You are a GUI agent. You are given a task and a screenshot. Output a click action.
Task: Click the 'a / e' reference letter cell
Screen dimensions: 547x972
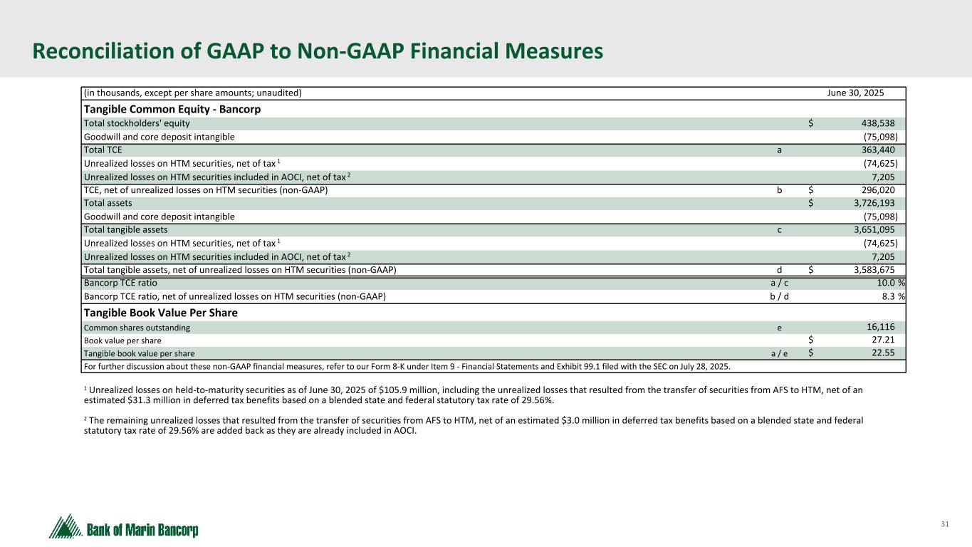[x=781, y=353]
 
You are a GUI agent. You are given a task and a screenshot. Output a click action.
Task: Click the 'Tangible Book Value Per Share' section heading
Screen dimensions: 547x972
[x=161, y=313]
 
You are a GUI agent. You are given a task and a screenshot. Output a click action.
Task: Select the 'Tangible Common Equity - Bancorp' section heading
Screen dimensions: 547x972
[x=172, y=110]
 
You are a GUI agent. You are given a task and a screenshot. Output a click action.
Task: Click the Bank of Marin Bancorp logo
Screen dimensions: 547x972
[x=124, y=528]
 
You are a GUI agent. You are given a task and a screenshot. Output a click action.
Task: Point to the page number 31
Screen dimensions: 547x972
[x=945, y=525]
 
